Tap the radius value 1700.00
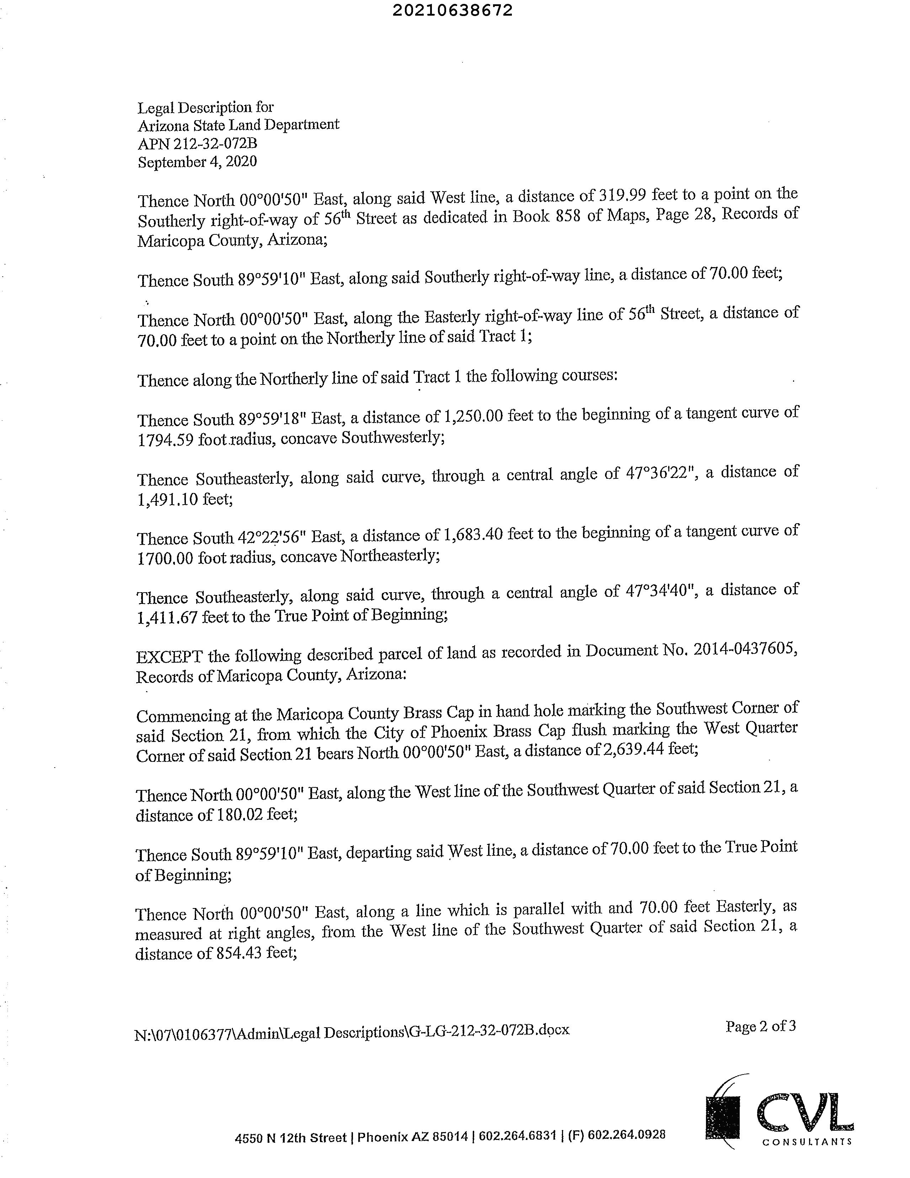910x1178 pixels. point(165,558)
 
